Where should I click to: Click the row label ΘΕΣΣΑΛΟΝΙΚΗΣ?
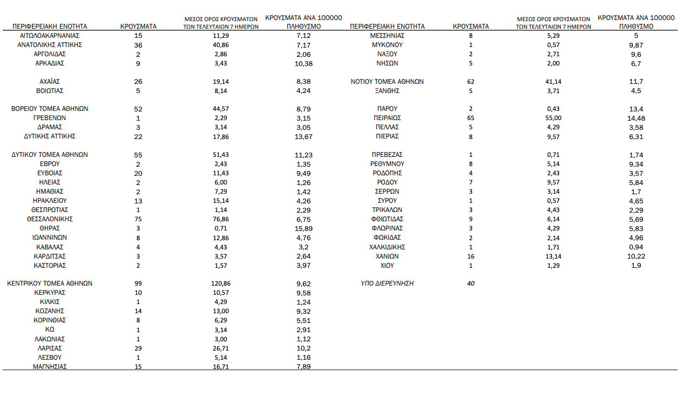pyautogui.click(x=49, y=219)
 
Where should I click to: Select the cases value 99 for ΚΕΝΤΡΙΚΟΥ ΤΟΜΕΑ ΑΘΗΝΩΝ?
pyautogui.click(x=138, y=283)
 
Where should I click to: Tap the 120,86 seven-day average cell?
pyautogui.click(x=221, y=283)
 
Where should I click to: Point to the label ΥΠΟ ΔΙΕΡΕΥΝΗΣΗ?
pyautogui.click(x=387, y=283)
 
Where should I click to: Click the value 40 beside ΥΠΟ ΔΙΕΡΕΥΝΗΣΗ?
pyautogui.click(x=471, y=283)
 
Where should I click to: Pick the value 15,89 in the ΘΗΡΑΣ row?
pyautogui.click(x=303, y=228)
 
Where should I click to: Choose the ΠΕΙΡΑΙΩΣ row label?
pyautogui.click(x=387, y=118)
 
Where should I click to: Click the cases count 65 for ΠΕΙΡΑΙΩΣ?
pyautogui.click(x=471, y=118)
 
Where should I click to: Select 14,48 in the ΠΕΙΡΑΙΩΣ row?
pyautogui.click(x=635, y=118)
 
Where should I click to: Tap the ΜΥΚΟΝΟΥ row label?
pyautogui.click(x=387, y=45)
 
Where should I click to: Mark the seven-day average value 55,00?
pyautogui.click(x=554, y=118)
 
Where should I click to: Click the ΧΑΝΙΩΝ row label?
pyautogui.click(x=387, y=256)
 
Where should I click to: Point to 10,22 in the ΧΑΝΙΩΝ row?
pyautogui.click(x=635, y=256)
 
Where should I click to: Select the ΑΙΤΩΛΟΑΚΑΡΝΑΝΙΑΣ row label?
pyautogui.click(x=49, y=36)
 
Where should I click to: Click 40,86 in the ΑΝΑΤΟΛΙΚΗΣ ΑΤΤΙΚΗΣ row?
pyautogui.click(x=221, y=45)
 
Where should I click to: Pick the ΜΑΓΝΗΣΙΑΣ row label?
pyautogui.click(x=49, y=367)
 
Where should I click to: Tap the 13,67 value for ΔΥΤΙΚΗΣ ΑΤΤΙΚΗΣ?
pyautogui.click(x=303, y=136)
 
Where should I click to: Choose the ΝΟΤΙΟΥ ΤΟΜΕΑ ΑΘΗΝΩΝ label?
pyautogui.click(x=387, y=82)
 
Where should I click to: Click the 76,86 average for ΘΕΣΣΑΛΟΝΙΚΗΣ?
pyautogui.click(x=221, y=219)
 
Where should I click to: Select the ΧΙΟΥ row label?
pyautogui.click(x=387, y=266)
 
